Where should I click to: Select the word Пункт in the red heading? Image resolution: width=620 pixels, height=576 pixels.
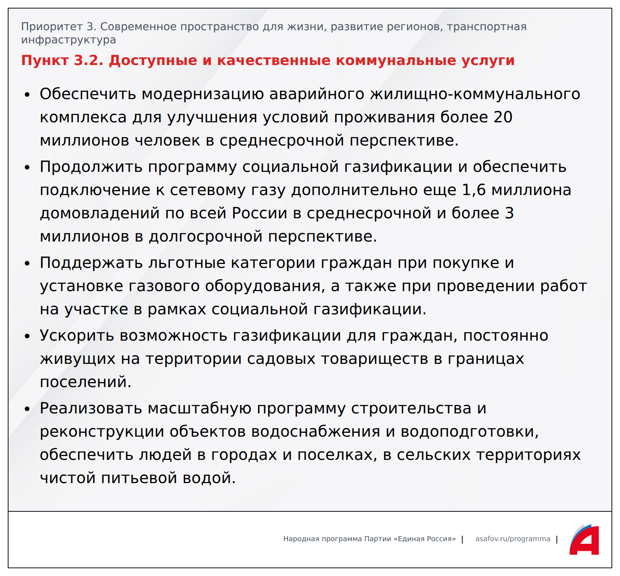(45, 60)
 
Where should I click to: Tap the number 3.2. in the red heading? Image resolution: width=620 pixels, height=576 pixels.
(89, 60)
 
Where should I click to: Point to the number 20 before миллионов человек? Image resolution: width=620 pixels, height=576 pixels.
(503, 117)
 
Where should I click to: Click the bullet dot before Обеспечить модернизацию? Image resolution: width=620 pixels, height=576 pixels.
(27, 95)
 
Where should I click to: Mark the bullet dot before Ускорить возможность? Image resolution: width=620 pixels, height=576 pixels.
(27, 336)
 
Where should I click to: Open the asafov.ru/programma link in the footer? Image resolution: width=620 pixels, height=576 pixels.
(513, 539)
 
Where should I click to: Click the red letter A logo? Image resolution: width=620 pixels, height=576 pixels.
(584, 540)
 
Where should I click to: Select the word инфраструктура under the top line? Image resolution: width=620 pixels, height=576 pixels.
(69, 40)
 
